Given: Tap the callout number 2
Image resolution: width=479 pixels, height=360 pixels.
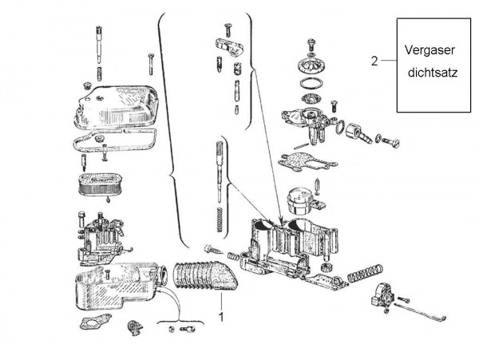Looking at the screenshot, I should pos(374,61).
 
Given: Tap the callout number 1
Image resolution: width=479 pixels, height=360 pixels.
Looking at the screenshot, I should pos(220,317).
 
